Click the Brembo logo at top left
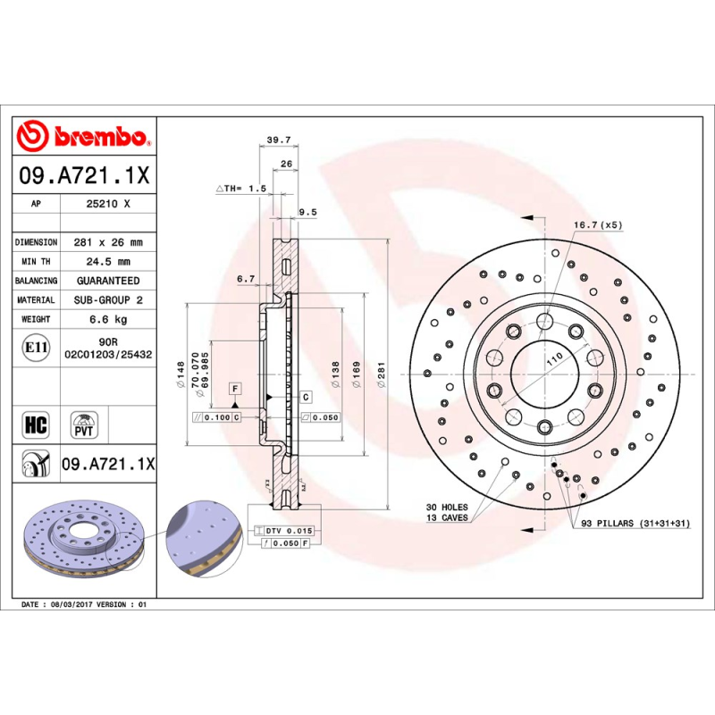pyautogui.click(x=82, y=137)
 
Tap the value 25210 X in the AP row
pyautogui.click(x=108, y=204)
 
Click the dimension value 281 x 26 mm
pyautogui.click(x=108, y=242)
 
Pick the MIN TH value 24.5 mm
pyautogui.click(x=108, y=262)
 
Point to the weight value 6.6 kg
pyautogui.click(x=108, y=319)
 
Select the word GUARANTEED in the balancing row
pyautogui.click(x=108, y=281)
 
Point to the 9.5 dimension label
pyautogui.click(x=307, y=212)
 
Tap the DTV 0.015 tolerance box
pyautogui.click(x=289, y=531)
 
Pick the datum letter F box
pyautogui.click(x=235, y=388)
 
